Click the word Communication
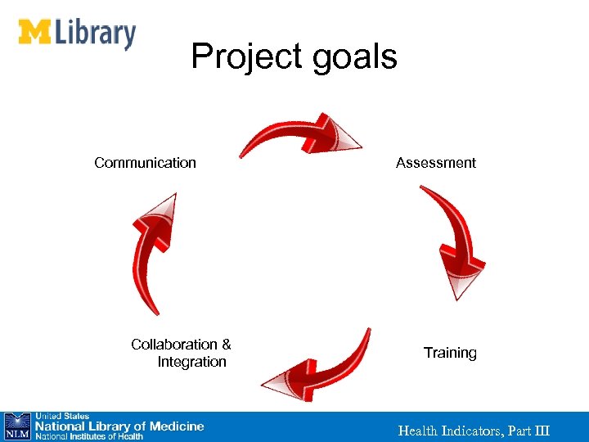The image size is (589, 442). point(145,163)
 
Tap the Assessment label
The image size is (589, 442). point(435,163)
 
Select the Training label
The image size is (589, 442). point(450,353)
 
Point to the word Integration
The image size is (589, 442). point(192,362)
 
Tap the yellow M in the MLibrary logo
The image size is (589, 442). point(35,32)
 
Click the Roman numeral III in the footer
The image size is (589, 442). point(541,431)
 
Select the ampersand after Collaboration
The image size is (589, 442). point(226,345)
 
